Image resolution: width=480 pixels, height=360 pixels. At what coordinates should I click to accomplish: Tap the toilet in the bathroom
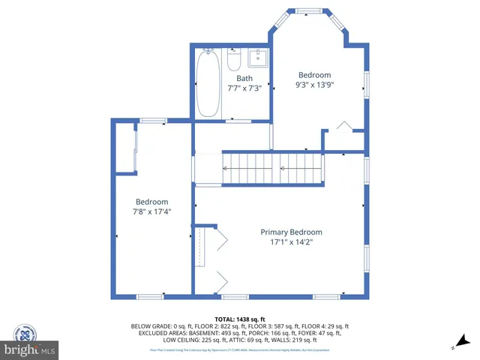(x=234, y=58)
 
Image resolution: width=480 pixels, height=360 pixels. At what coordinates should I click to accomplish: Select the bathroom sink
(x=257, y=57)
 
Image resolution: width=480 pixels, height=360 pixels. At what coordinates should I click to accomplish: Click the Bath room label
(x=244, y=78)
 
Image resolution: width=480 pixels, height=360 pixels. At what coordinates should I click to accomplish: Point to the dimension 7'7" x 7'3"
(x=244, y=88)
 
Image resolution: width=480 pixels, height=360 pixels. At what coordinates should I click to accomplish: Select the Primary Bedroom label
(x=291, y=232)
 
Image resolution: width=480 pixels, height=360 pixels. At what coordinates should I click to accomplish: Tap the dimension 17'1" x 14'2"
(x=291, y=241)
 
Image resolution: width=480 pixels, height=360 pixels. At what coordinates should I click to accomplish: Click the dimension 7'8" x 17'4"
(x=151, y=211)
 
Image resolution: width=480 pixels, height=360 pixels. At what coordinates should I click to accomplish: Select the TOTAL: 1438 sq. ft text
(x=240, y=319)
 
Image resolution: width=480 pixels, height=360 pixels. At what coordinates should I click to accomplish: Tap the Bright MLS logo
(x=29, y=349)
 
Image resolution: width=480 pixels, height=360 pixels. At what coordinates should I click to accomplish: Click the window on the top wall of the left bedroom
(x=154, y=120)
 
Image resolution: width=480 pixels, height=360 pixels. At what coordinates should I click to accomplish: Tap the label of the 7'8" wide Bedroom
(x=151, y=201)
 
